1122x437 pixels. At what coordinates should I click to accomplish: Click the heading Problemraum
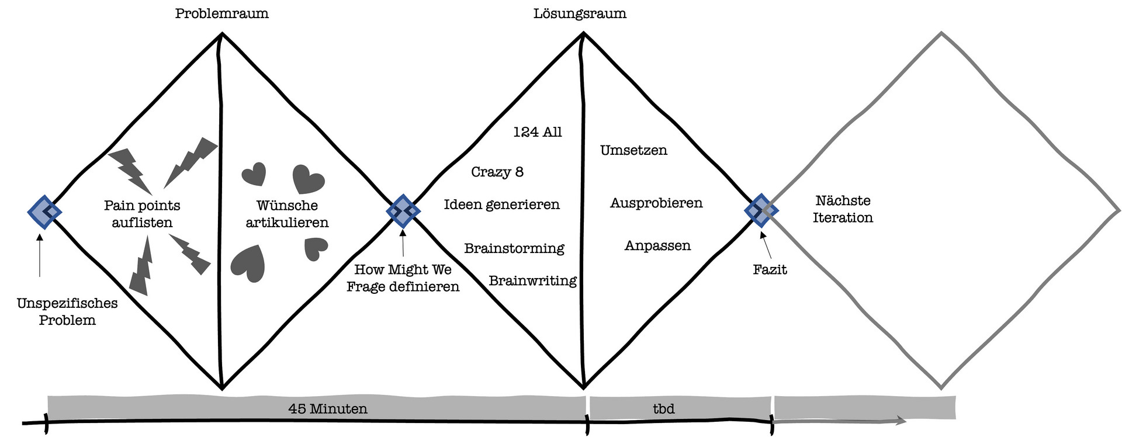[221, 13]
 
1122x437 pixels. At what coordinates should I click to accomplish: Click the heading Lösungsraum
[580, 13]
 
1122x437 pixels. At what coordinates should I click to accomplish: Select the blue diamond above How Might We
[403, 210]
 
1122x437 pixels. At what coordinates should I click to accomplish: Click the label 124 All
[537, 132]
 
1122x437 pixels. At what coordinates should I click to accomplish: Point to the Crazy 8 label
[497, 172]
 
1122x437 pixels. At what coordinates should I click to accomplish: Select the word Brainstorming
[514, 248]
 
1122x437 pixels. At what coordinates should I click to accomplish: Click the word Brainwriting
[532, 281]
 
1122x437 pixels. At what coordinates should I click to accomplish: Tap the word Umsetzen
[633, 150]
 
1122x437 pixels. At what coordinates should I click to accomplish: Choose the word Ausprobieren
[656, 203]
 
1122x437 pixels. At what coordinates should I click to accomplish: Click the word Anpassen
[657, 245]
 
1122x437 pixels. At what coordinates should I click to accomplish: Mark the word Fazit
[770, 269]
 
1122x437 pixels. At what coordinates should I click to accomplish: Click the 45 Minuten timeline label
[328, 408]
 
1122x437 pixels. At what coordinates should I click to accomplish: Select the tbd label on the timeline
[664, 408]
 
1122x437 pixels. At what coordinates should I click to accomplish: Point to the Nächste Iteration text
[843, 209]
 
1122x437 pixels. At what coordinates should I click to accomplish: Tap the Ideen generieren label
[501, 204]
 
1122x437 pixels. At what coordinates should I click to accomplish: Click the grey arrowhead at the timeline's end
[901, 421]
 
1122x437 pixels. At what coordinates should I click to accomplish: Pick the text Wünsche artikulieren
[287, 214]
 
